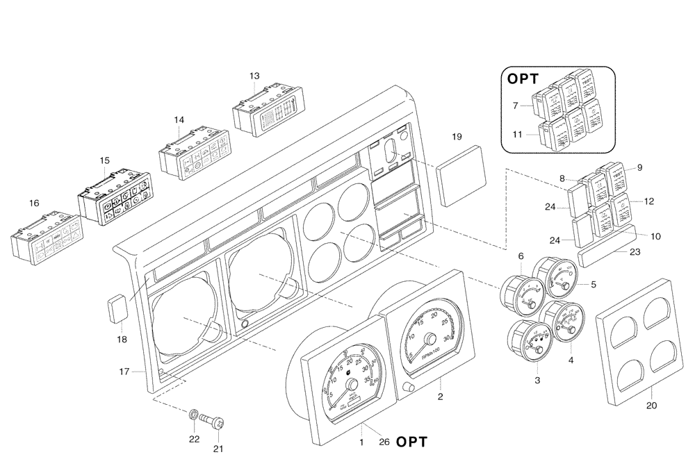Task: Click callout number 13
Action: point(254,76)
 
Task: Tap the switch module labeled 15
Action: point(115,198)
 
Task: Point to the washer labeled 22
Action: point(193,415)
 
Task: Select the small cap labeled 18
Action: point(117,308)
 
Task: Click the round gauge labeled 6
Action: point(518,291)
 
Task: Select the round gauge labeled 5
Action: point(559,279)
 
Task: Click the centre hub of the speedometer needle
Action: point(351,384)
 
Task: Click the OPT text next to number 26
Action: point(411,442)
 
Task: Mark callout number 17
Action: point(124,372)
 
